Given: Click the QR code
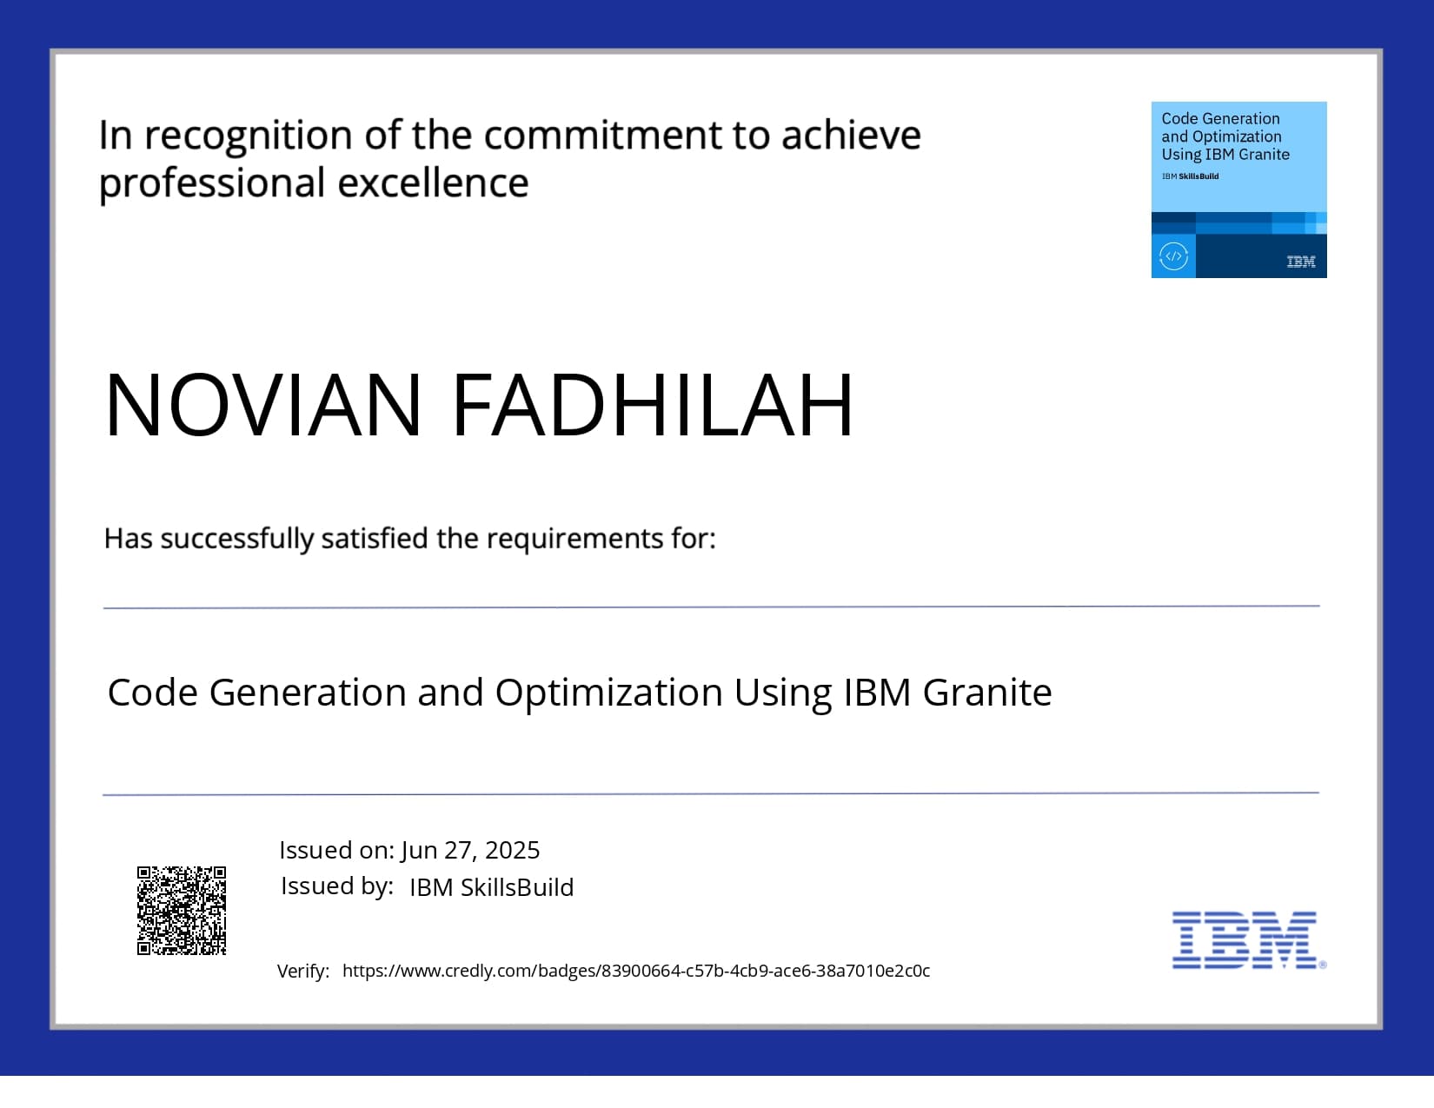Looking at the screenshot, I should (182, 910).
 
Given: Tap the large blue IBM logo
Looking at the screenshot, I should (1245, 940).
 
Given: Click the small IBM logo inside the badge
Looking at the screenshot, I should (1300, 262).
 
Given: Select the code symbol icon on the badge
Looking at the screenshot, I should (1173, 256).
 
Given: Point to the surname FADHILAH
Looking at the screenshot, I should (653, 405).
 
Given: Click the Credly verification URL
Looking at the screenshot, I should (635, 971).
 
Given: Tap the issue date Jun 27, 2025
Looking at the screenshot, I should (470, 850).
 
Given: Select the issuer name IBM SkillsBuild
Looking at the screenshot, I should (491, 887).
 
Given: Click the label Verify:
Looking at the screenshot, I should (302, 971).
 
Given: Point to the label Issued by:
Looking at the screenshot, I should (336, 886).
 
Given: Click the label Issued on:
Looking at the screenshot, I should (336, 850).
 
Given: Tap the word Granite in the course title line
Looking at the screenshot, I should (986, 693).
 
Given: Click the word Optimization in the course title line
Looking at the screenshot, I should (608, 693).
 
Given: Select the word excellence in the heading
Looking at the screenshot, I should (433, 183).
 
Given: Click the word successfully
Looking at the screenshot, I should (236, 539).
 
